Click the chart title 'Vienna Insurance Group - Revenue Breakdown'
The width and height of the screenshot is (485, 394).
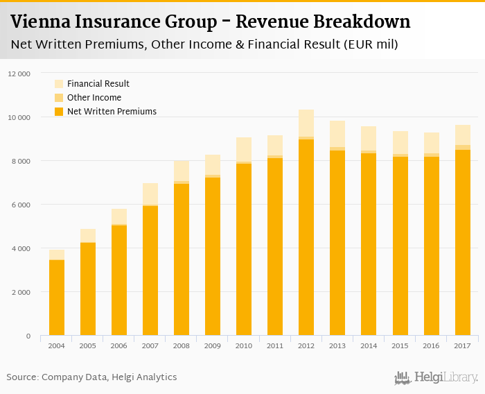click(210, 22)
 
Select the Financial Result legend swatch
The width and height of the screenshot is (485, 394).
click(59, 84)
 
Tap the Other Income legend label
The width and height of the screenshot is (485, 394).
click(94, 98)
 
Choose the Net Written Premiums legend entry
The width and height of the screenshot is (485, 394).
click(112, 111)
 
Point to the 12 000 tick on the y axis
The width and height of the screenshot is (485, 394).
click(19, 74)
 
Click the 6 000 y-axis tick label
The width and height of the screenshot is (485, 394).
click(20, 205)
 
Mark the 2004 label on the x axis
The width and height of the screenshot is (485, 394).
click(57, 345)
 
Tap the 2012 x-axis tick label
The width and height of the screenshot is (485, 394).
click(306, 345)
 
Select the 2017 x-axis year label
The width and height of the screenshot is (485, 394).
click(462, 345)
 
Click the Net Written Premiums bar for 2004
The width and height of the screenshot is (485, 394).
click(57, 298)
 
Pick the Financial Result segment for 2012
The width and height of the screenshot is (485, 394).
click(306, 123)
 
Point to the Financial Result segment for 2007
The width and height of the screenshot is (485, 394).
click(150, 194)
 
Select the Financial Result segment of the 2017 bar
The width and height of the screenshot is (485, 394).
click(462, 135)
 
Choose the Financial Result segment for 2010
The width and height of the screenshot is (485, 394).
click(244, 149)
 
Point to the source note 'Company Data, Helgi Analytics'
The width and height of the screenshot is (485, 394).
click(109, 377)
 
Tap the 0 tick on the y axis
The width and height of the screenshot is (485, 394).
click(28, 336)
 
